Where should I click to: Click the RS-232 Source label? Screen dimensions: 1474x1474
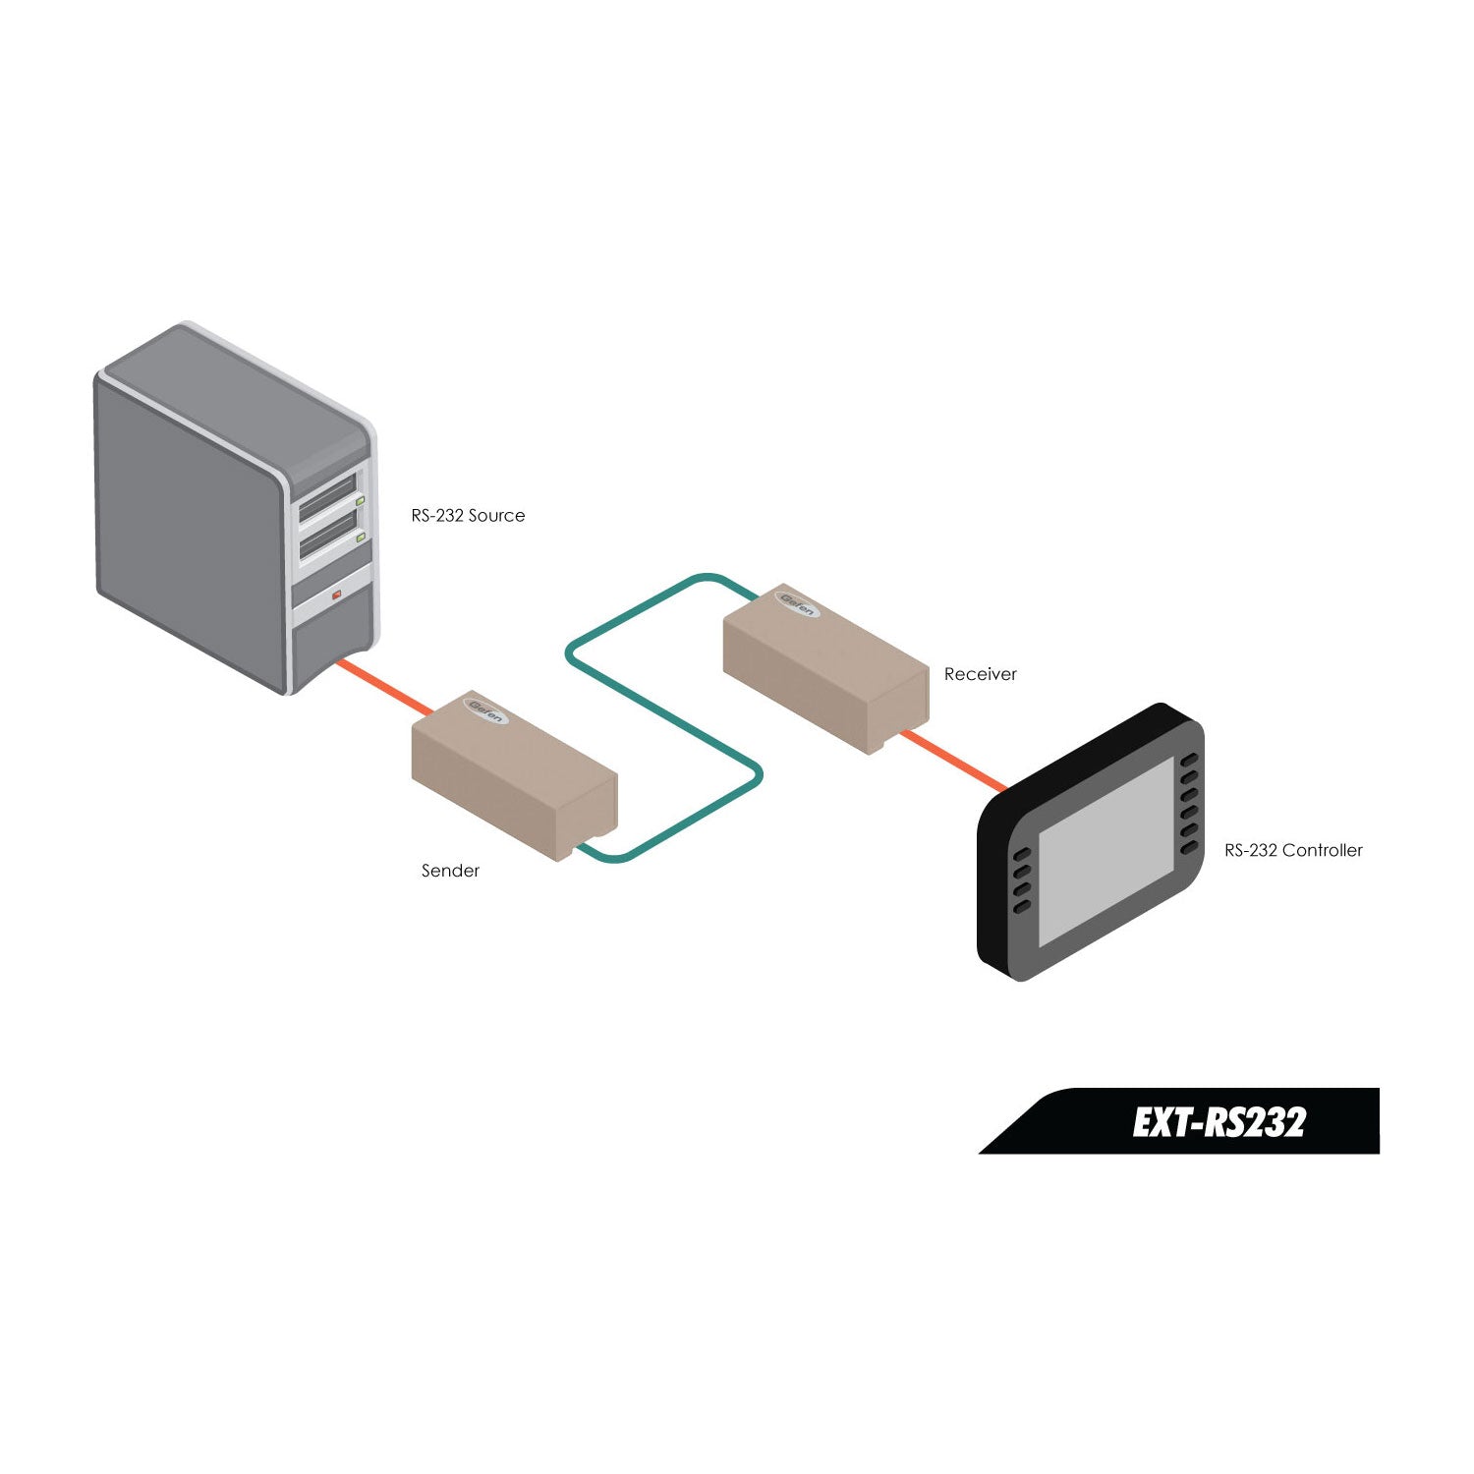(x=468, y=516)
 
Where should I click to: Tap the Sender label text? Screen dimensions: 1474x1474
(x=450, y=871)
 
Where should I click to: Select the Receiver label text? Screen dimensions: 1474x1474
(x=980, y=674)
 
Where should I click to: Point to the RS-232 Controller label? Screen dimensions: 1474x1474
(x=1293, y=851)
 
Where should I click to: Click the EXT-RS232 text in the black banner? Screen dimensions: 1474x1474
(x=1219, y=1122)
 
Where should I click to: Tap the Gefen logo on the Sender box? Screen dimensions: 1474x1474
(x=486, y=710)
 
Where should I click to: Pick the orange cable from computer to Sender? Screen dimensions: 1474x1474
(x=383, y=686)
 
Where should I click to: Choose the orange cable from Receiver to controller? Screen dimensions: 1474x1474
(x=953, y=761)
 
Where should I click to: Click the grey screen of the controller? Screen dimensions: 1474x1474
(x=1105, y=851)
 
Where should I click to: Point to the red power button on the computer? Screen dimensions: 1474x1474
(x=336, y=595)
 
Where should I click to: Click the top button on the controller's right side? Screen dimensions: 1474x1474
(x=1189, y=761)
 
